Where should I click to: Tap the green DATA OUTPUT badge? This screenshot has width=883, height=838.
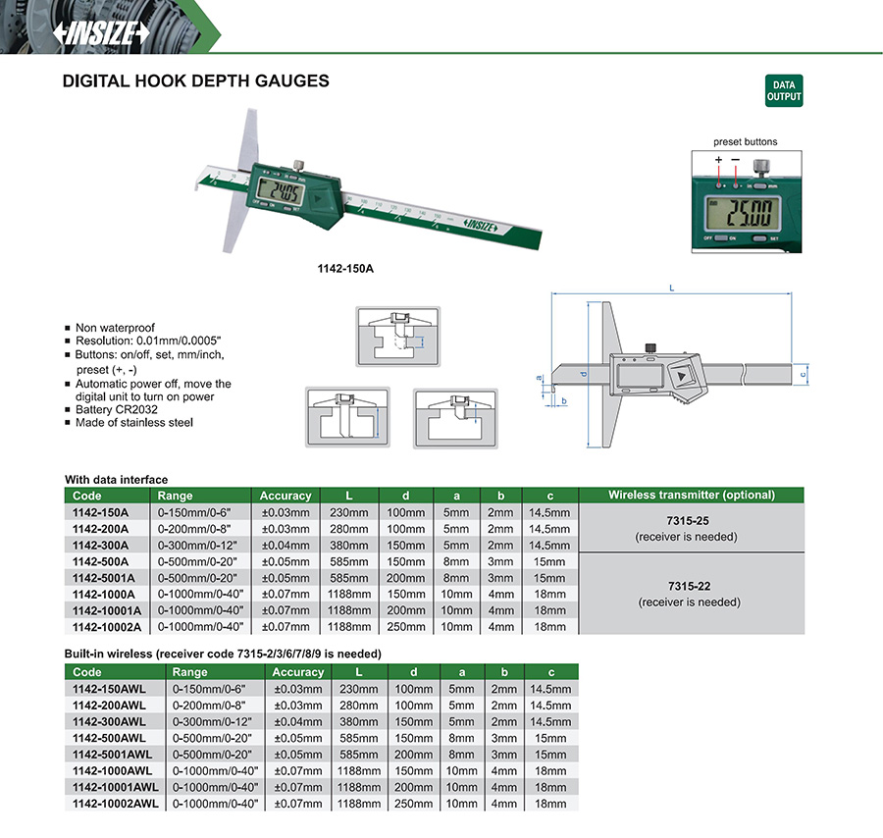click(x=784, y=90)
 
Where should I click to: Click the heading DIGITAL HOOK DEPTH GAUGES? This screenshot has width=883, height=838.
click(x=195, y=81)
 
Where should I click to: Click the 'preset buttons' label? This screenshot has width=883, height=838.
click(x=746, y=142)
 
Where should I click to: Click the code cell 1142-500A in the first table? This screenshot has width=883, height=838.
click(x=99, y=561)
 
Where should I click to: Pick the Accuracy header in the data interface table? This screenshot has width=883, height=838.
click(x=285, y=496)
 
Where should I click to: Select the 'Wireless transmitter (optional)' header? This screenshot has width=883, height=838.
click(x=692, y=496)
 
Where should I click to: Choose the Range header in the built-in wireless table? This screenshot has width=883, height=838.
click(x=189, y=672)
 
